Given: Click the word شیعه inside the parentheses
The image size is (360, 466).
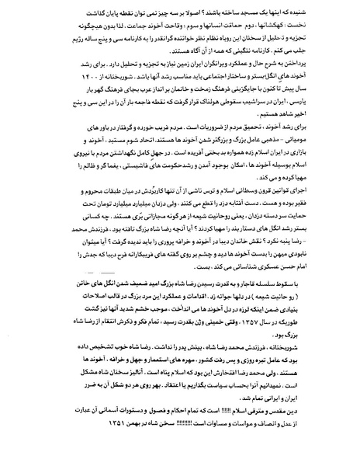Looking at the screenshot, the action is click(306, 320).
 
